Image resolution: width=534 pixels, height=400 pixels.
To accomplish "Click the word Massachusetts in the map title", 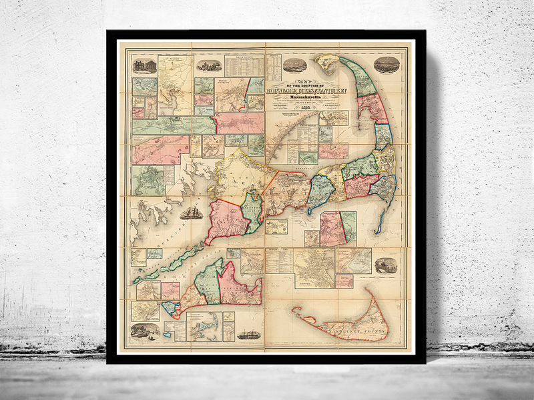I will [x=294, y=96].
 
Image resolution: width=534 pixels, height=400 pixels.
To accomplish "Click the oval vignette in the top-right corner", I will [x=386, y=65].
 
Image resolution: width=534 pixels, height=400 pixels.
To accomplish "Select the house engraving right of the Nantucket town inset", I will [x=386, y=265].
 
